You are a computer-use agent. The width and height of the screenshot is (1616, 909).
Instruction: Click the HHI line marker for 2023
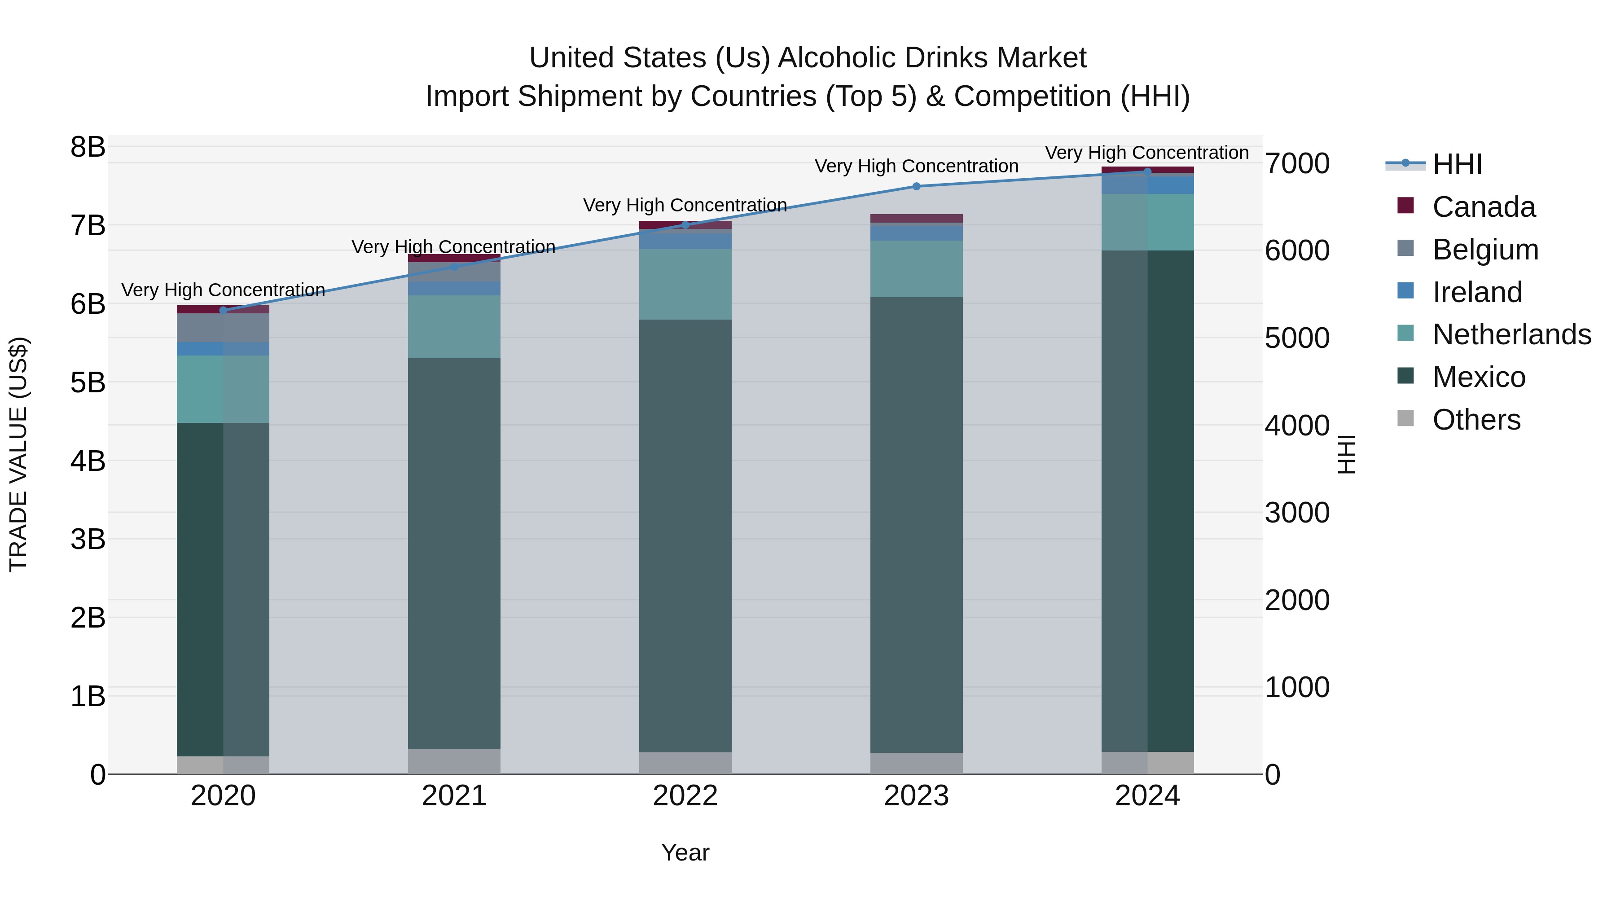(916, 186)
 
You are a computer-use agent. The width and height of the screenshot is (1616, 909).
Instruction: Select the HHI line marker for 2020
(224, 310)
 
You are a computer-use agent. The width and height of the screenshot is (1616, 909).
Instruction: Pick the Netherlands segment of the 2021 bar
(454, 326)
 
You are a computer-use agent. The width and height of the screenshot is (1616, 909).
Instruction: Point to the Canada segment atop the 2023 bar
(916, 218)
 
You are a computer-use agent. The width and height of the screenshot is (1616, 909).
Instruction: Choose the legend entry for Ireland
(1477, 292)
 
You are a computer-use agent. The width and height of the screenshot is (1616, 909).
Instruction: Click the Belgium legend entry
(1485, 250)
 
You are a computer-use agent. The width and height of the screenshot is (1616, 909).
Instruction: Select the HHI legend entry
(1457, 164)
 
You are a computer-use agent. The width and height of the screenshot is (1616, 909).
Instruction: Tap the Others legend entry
(1476, 420)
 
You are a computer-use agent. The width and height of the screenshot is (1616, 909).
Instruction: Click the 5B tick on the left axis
(88, 382)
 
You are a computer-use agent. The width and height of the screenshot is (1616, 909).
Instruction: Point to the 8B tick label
(88, 147)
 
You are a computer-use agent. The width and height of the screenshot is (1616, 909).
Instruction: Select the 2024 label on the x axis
(1147, 796)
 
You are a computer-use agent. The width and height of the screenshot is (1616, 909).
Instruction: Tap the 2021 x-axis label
(454, 796)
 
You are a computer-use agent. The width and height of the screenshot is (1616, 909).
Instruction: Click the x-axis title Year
(685, 852)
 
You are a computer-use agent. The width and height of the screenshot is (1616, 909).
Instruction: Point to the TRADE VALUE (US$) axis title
(19, 454)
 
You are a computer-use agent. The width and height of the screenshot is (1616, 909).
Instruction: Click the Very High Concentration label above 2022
(685, 205)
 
